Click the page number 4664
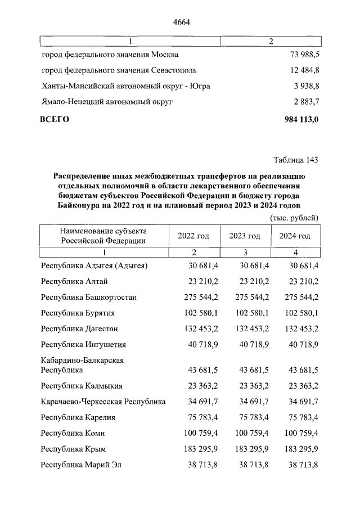pyautogui.click(x=180, y=22)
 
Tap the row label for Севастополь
pyautogui.click(x=119, y=71)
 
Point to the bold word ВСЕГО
pyautogui.click(x=55, y=119)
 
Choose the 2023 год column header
pyautogui.click(x=244, y=236)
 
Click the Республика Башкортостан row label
pyautogui.click(x=89, y=297)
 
